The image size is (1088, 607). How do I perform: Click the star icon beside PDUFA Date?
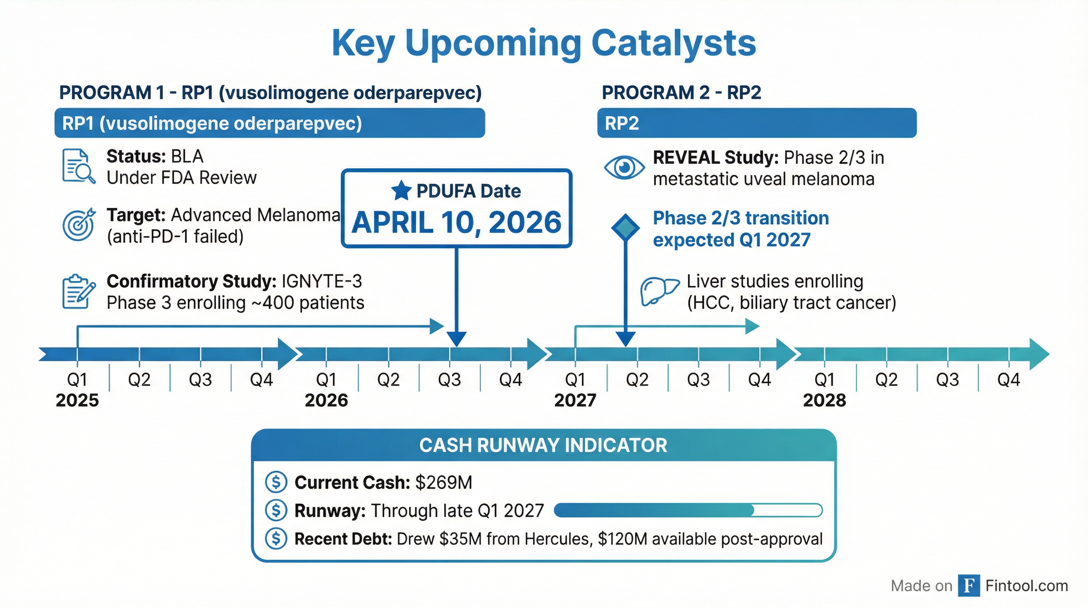click(401, 191)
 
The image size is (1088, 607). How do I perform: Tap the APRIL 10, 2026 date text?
click(457, 222)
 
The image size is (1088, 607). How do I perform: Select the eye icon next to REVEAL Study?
click(624, 168)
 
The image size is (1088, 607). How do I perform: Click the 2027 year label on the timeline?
click(575, 400)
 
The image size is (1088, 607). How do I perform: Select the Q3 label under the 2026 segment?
click(450, 380)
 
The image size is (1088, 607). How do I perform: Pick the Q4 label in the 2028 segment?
click(1008, 380)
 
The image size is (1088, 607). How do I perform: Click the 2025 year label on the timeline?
click(77, 400)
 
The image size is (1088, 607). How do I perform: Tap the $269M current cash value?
click(444, 483)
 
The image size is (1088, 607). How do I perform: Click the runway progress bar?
click(688, 510)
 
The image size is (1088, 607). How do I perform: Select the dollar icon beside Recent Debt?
click(276, 539)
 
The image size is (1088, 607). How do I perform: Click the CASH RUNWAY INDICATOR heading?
click(543, 445)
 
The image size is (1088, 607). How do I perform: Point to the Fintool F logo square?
click(969, 586)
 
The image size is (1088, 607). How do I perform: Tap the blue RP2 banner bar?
click(756, 123)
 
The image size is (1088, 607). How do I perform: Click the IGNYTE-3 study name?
click(322, 281)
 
